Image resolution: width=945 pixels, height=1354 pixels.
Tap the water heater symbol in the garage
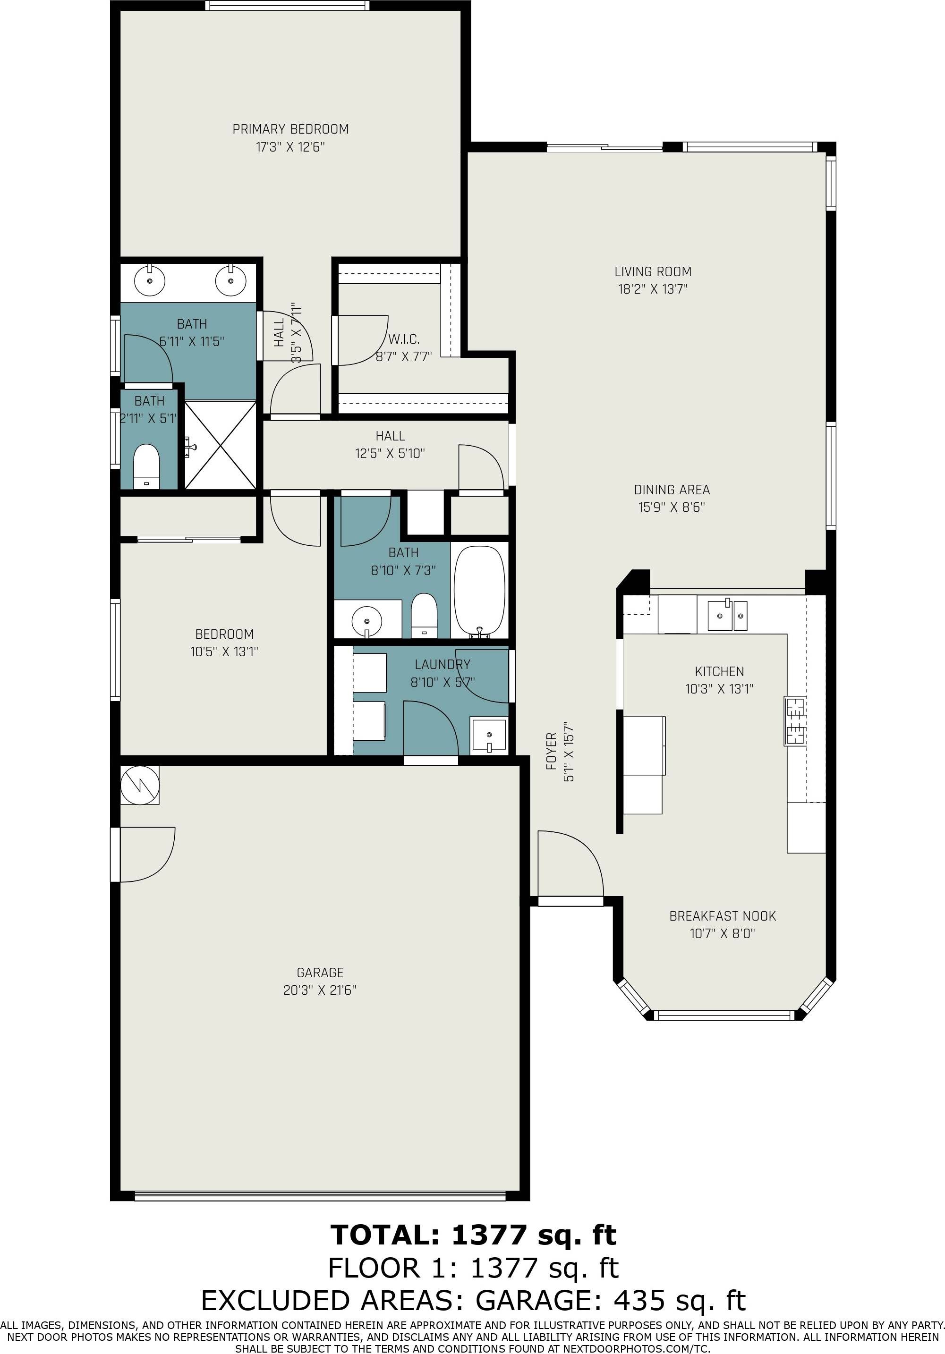coord(140,785)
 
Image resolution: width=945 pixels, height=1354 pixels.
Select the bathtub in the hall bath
coord(479,590)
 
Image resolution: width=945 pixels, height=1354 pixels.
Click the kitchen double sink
coord(727,615)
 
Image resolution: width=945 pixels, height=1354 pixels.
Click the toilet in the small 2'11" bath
coord(146,466)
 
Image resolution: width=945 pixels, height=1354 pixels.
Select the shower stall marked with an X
coord(220,445)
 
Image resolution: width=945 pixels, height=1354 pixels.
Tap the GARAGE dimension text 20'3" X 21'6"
coord(320,990)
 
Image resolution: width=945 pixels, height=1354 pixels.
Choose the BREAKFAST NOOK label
coord(722,916)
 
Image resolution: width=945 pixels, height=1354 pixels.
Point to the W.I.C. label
coord(404,339)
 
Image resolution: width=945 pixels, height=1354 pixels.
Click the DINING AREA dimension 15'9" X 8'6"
coord(671,507)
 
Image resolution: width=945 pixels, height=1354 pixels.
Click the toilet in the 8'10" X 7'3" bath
coord(423,616)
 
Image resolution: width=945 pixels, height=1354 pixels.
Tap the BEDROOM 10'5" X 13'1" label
coord(224,635)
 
